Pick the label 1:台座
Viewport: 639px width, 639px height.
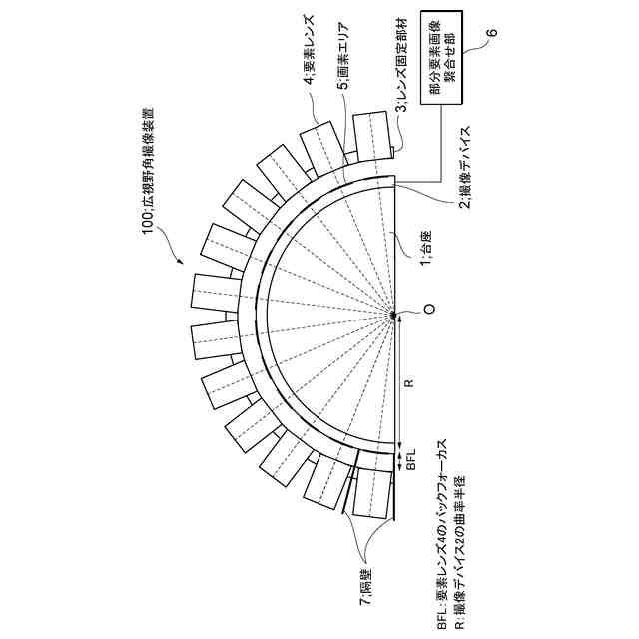click(423, 250)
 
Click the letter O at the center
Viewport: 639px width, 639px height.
click(429, 314)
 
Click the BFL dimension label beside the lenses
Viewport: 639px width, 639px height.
click(408, 461)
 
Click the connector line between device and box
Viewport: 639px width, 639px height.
click(419, 181)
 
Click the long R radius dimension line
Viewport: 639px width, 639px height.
click(397, 379)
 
